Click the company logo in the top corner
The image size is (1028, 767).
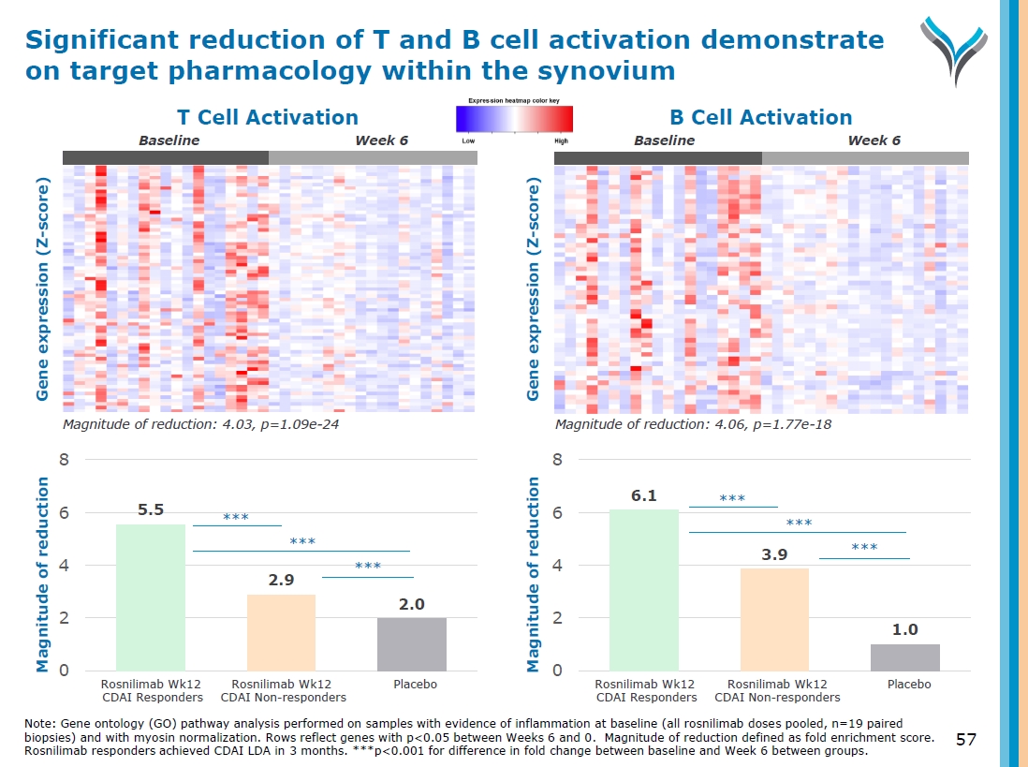click(x=953, y=49)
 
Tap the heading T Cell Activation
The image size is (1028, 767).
click(x=268, y=117)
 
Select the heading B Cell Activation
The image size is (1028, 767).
click(x=760, y=117)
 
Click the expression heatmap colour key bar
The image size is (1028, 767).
click(x=514, y=119)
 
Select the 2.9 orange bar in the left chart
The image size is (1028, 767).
click(x=281, y=632)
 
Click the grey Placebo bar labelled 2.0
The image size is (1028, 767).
click(x=412, y=643)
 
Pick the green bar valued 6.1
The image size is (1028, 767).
click(x=644, y=589)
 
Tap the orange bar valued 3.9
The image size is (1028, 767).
click(x=774, y=619)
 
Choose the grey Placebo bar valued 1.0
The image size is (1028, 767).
click(x=904, y=657)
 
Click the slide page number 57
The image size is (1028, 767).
click(x=966, y=741)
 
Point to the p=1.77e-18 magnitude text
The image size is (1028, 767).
click(x=694, y=425)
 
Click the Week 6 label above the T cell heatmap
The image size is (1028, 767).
click(x=382, y=140)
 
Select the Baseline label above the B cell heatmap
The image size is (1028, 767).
click(x=664, y=140)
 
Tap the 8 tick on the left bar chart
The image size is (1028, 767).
click(x=65, y=460)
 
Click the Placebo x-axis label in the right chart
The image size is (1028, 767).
click(x=909, y=685)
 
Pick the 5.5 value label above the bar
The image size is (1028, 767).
click(x=151, y=510)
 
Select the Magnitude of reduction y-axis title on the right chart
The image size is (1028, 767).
click(x=534, y=574)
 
